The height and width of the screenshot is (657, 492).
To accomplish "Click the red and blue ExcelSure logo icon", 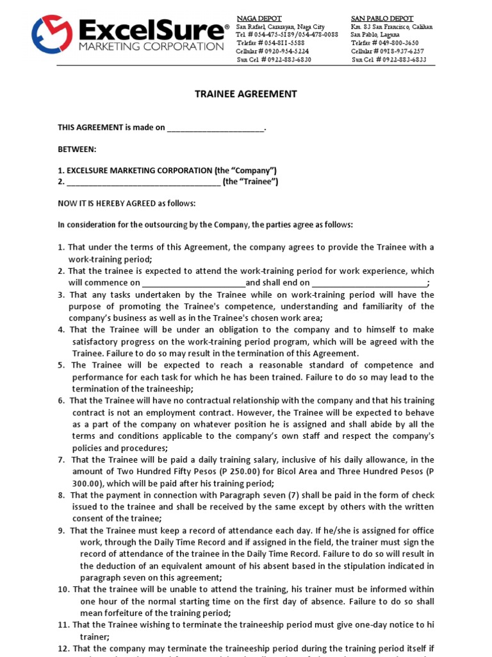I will (52, 35).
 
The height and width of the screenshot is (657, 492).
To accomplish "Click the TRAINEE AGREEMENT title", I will (246, 94).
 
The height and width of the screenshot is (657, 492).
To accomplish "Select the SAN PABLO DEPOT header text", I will (382, 18).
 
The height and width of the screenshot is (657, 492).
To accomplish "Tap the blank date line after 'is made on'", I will (215, 128).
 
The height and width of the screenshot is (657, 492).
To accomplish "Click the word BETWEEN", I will (77, 149).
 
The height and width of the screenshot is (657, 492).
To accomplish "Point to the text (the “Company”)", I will (245, 170).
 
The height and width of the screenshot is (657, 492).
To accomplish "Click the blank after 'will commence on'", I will (193, 283).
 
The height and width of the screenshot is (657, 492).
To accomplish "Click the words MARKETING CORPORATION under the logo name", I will (151, 47).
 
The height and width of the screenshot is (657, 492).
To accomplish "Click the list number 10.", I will (64, 589).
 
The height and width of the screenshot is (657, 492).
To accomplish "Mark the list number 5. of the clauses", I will (61, 365).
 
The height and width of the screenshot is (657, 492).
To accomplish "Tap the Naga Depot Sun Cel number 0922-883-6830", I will (283, 60).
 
